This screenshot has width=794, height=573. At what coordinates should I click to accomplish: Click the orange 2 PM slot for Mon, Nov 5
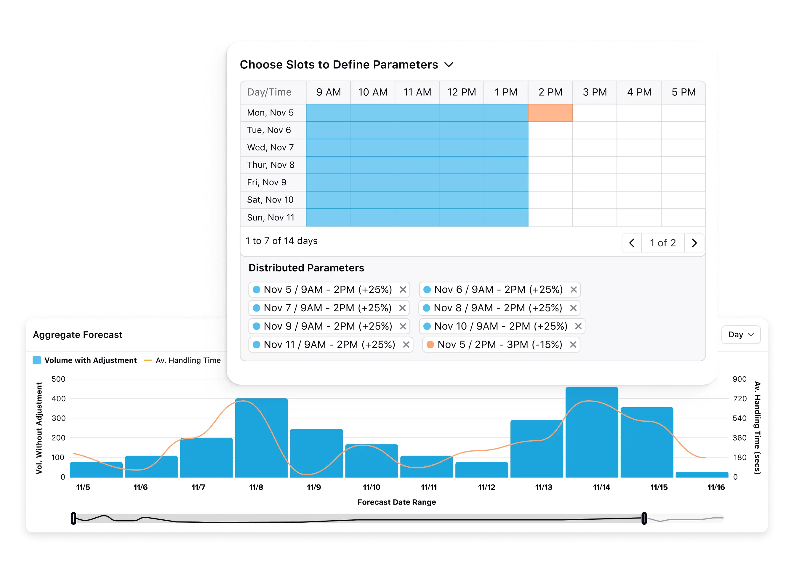tap(550, 113)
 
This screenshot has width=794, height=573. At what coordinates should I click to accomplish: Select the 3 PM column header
tap(594, 92)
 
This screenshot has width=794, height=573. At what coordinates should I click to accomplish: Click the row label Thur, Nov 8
tap(270, 165)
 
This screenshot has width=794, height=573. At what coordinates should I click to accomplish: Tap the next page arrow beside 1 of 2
tap(694, 243)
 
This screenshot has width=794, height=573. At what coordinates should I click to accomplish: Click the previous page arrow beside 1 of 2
tap(632, 243)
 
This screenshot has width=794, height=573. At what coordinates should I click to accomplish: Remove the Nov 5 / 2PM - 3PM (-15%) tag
tap(573, 345)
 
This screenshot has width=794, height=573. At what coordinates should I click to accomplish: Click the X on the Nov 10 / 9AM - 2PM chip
tap(578, 326)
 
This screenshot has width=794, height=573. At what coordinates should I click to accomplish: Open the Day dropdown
tap(741, 334)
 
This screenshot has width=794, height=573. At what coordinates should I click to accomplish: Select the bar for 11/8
tap(261, 437)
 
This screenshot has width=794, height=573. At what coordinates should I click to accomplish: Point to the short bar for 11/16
tap(702, 475)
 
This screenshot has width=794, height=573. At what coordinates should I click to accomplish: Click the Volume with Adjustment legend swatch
tap(37, 360)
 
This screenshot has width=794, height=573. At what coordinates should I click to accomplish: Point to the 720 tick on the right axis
tap(740, 399)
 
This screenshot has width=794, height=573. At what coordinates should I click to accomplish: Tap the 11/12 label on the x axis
tap(486, 487)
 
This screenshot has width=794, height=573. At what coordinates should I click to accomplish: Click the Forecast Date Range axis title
tap(397, 502)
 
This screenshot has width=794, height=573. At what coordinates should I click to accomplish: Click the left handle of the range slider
tap(73, 518)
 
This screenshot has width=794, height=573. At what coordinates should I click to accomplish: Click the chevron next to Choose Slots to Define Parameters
tap(449, 65)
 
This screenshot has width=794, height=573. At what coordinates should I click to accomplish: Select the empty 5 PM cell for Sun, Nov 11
tap(683, 217)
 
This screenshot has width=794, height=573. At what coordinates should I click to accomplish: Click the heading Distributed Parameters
tap(306, 268)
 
